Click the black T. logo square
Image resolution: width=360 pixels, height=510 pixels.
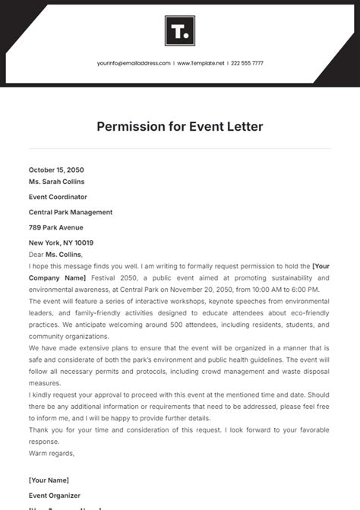pos(180,31)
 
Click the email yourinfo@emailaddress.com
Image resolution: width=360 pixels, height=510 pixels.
pos(134,63)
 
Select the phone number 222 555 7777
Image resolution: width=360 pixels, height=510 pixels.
pos(248,63)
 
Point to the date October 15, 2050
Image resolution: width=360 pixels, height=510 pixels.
pos(56,169)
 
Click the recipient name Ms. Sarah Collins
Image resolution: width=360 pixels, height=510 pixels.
pos(56,182)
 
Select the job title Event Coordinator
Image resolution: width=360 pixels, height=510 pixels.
pos(58,196)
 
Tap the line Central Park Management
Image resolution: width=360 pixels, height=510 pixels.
pos(71,212)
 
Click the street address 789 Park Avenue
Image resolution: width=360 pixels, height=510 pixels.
pos(56,227)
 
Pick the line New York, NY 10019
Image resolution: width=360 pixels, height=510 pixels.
pos(62,242)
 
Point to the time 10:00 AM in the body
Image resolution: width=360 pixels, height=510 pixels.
pos(253,290)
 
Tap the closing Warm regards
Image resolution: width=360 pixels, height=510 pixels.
pos(51,453)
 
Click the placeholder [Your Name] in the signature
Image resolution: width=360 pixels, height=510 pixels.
pos(49,480)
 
